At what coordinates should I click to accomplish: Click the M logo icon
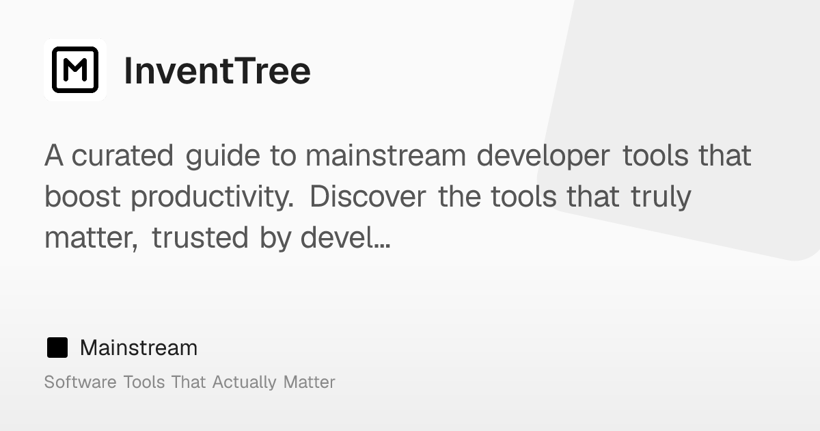pyautogui.click(x=75, y=70)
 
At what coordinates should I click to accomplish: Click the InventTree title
pyautogui.click(x=217, y=70)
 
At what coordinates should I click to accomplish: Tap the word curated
pyautogui.click(x=122, y=156)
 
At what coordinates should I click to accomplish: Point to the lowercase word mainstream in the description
pyautogui.click(x=386, y=156)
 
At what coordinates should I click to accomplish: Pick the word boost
pyautogui.click(x=83, y=197)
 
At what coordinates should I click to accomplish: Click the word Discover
pyautogui.click(x=368, y=197)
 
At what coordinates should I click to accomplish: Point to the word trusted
pyautogui.click(x=200, y=237)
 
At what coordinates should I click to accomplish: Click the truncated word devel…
pyautogui.click(x=346, y=237)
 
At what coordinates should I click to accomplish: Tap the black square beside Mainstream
pyautogui.click(x=57, y=348)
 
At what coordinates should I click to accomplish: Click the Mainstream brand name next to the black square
pyautogui.click(x=139, y=348)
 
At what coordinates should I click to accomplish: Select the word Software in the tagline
pyautogui.click(x=80, y=382)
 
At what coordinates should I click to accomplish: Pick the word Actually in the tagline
pyautogui.click(x=244, y=383)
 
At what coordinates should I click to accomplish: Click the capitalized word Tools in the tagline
pyautogui.click(x=144, y=382)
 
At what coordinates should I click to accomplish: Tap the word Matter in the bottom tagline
pyautogui.click(x=310, y=382)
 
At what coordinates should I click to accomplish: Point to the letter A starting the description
pyautogui.click(x=54, y=156)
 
